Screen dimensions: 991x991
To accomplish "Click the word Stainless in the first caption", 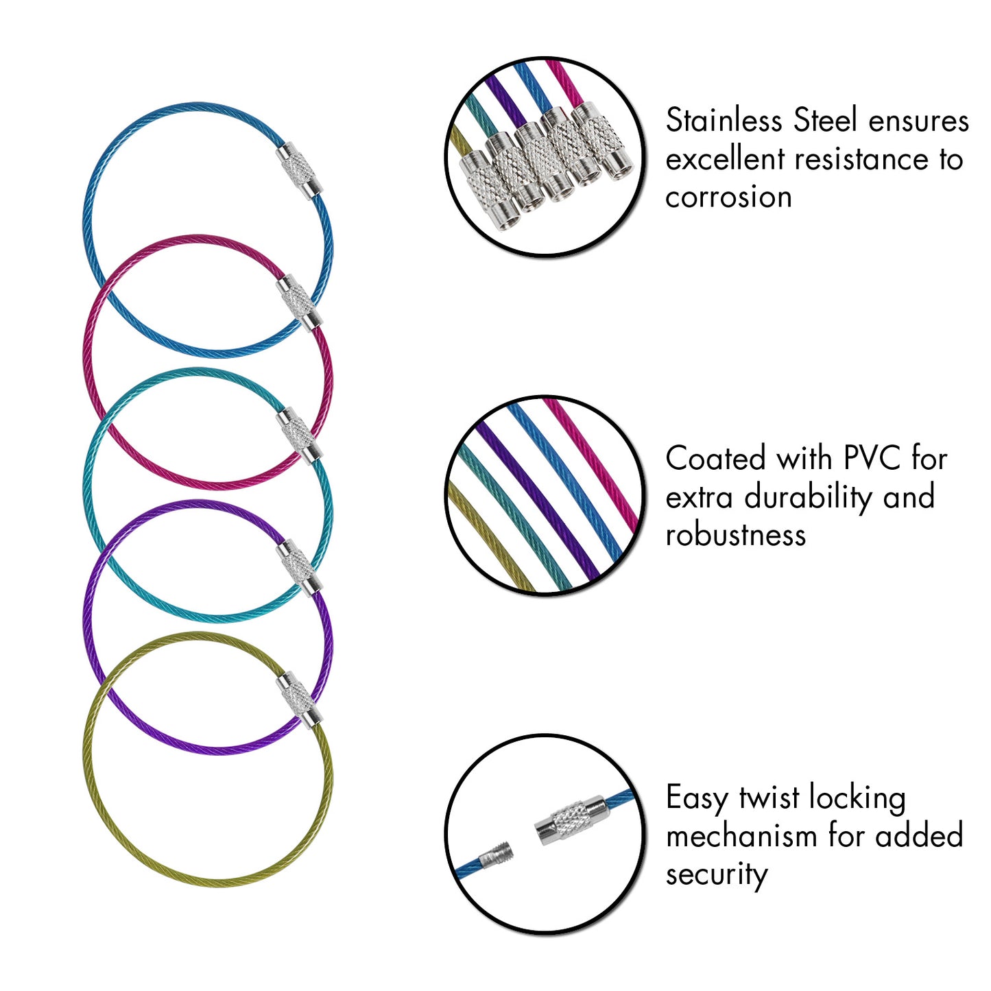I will [x=724, y=121].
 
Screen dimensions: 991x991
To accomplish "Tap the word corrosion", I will [x=728, y=198].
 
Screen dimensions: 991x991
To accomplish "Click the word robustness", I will [x=735, y=535].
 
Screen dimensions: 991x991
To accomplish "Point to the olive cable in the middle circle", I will [x=487, y=535].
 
